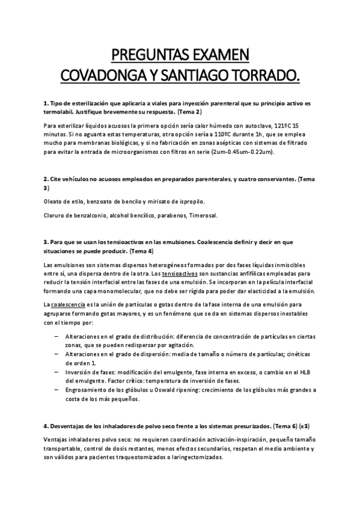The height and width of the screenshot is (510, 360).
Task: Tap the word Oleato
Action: (x=54, y=201)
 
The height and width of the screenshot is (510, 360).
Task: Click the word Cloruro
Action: (x=56, y=215)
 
